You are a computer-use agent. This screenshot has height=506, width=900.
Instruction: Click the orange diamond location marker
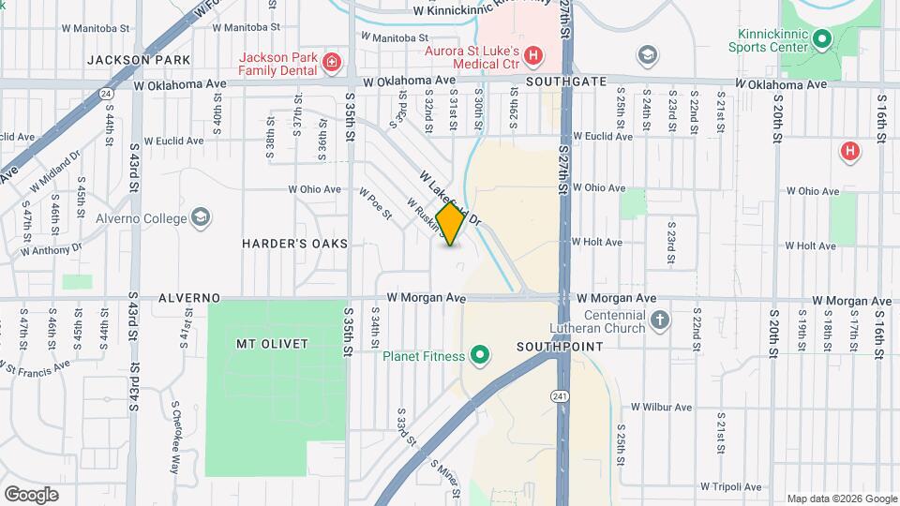pyautogui.click(x=451, y=224)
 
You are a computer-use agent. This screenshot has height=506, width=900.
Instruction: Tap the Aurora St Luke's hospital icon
pyautogui.click(x=532, y=56)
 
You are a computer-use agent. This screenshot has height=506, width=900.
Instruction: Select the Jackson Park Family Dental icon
pyautogui.click(x=330, y=63)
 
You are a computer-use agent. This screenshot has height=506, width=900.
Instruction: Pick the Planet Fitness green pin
pyautogui.click(x=480, y=355)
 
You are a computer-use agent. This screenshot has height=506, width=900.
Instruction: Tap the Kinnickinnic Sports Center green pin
pyautogui.click(x=822, y=38)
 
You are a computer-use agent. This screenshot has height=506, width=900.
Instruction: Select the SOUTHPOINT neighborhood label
pyautogui.click(x=550, y=346)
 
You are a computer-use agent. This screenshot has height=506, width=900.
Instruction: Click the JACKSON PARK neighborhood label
pyautogui.click(x=139, y=60)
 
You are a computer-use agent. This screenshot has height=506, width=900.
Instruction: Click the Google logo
pyautogui.click(x=32, y=494)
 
